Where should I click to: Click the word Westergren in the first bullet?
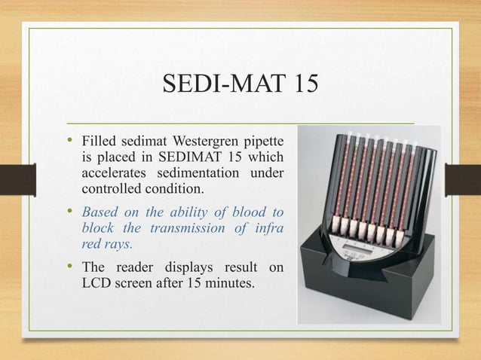207,142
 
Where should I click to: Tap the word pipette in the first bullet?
263,142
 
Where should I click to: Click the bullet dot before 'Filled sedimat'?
72,141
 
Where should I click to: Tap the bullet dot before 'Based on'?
72,210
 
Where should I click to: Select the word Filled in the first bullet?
99,142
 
